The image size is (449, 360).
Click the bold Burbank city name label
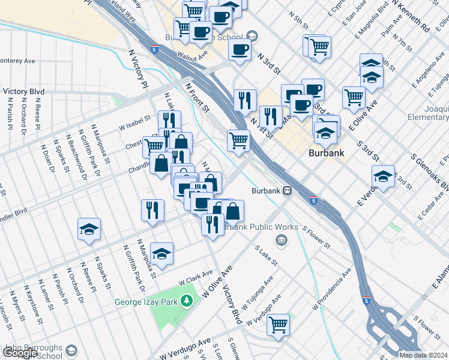click(x=326, y=153)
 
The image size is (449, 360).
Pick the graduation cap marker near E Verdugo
click(x=383, y=176)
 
